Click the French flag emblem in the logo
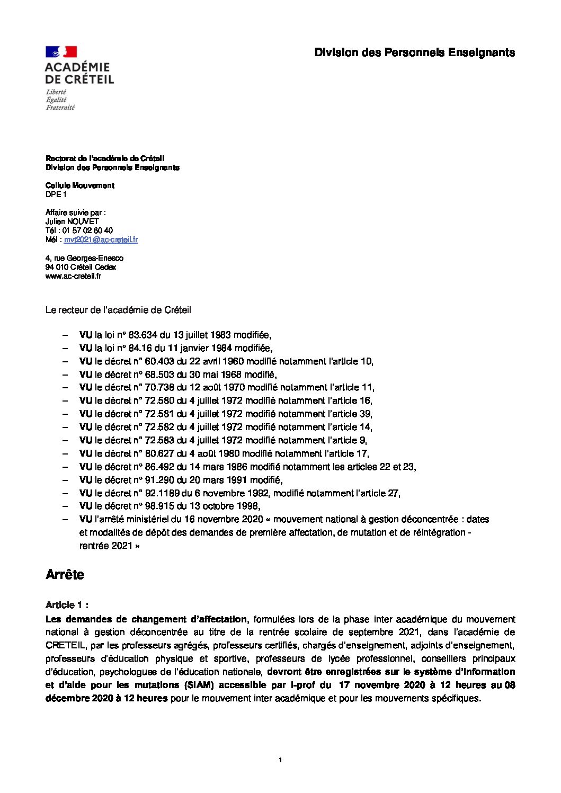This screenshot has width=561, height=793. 61,52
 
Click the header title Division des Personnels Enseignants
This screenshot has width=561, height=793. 414,52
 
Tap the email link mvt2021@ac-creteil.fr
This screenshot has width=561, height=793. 101,240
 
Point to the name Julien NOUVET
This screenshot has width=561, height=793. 72,221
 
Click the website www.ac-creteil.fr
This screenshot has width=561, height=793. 73,277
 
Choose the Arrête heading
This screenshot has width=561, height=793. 65,575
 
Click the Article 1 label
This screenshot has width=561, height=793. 67,605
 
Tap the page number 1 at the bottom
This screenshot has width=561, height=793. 280,761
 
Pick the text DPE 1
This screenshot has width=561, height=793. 56,194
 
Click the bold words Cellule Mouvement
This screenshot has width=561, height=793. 79,185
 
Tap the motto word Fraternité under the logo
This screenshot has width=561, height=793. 60,108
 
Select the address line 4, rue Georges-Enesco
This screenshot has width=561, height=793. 84,259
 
